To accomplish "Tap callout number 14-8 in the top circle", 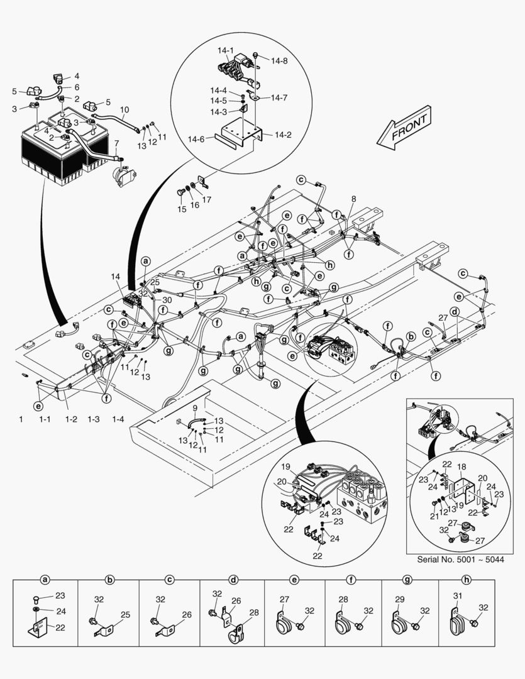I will click(x=280, y=61).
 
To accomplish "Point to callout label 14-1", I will click(x=226, y=51).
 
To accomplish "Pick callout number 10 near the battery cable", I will click(x=124, y=109).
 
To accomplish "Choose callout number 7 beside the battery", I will click(x=116, y=144).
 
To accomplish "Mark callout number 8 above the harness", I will click(x=353, y=199).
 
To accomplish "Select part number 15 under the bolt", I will click(x=181, y=209).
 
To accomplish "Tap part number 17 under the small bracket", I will click(x=207, y=200).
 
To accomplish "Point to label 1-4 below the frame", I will click(x=118, y=419).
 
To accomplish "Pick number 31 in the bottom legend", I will click(x=457, y=596).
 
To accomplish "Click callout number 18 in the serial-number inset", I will click(x=462, y=468).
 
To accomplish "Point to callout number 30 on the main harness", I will click(x=167, y=301).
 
